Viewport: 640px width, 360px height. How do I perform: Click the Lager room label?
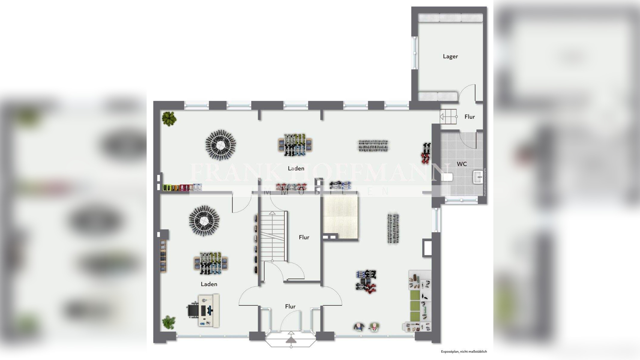pos(450,56)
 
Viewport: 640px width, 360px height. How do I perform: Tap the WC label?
pos(462,164)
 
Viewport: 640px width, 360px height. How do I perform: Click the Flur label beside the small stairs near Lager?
pos(469,117)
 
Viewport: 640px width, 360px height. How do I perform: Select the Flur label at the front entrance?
pos(290,306)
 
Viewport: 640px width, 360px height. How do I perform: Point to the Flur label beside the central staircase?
pos(304,237)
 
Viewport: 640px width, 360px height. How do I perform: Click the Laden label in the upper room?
pos(296,168)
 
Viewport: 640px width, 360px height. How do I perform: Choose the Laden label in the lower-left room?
pos(209,284)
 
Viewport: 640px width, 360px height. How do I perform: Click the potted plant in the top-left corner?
pos(169,118)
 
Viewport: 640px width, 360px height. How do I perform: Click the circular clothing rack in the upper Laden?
pos(221,145)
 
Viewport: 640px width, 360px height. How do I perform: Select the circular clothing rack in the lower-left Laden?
pos(204,220)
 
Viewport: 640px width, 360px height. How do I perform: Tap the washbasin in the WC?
pos(478,177)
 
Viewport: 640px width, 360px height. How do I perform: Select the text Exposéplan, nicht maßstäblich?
pos(464,352)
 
